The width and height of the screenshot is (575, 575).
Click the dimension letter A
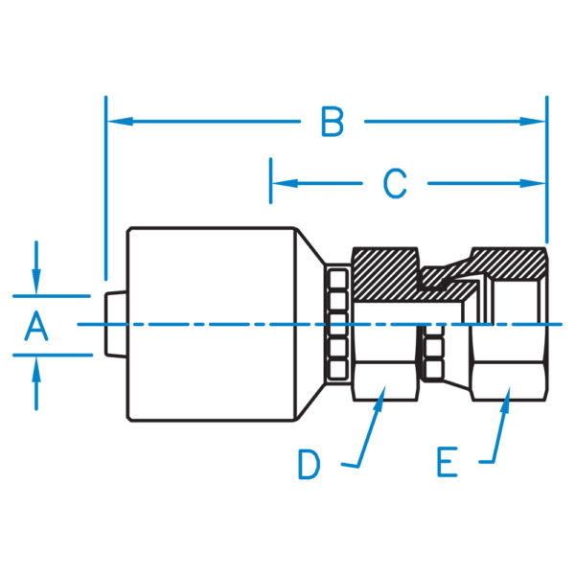click(35, 328)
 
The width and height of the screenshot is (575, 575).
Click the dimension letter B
click(332, 123)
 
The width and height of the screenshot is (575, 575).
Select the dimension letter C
click(395, 183)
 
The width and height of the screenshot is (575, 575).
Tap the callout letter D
click(308, 465)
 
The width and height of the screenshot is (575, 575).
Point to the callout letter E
click(446, 465)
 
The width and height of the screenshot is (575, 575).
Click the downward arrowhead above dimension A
click(36, 286)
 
